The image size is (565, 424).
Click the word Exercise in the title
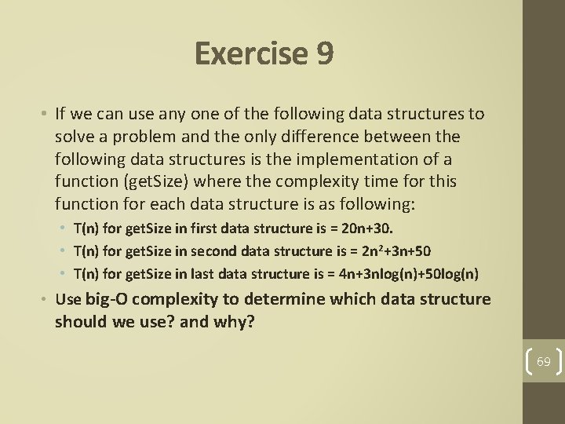[250, 54]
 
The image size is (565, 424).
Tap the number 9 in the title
[325, 54]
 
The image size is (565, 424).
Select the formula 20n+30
[369, 229]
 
